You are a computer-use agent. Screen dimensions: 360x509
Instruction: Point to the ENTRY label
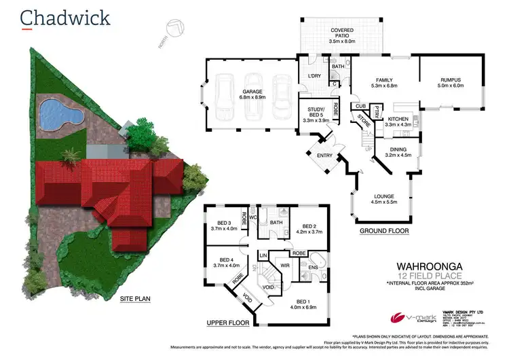325,156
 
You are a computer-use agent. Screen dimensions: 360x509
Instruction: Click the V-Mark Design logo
407,317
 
